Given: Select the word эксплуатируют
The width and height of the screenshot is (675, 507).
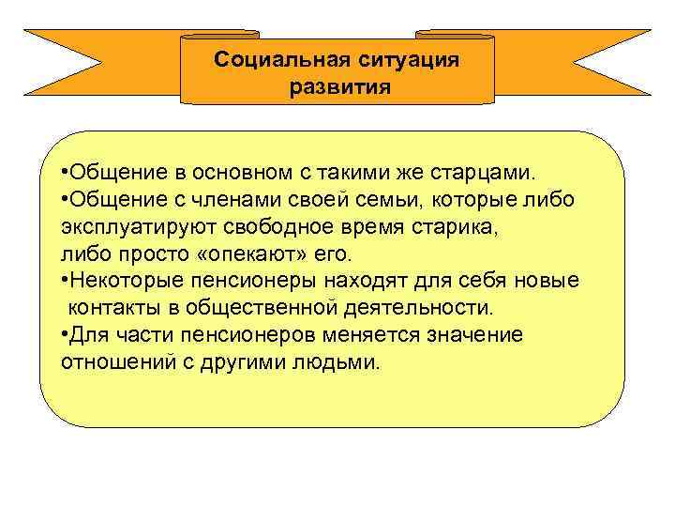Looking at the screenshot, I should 126,226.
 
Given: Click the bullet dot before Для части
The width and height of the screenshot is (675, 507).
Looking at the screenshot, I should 64,334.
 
